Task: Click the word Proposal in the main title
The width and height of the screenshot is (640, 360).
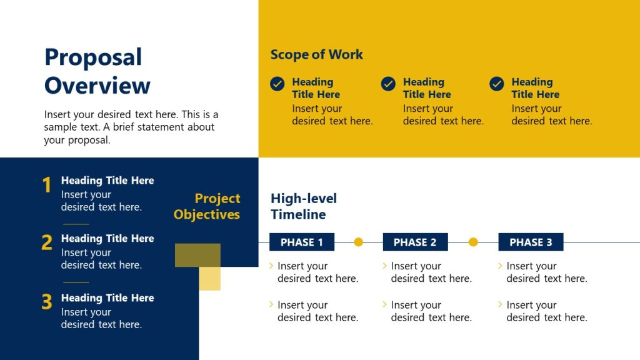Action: pos(93,57)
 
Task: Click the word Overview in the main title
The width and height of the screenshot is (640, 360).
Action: pos(97,86)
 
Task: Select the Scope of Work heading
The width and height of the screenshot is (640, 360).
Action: pos(316,54)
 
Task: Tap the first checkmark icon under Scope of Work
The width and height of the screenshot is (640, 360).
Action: pos(277,84)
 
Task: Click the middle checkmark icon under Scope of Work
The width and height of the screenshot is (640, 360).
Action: pos(388,84)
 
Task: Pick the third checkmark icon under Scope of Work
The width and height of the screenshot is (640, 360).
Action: pos(497,84)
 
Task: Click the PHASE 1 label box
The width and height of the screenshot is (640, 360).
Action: pos(302,242)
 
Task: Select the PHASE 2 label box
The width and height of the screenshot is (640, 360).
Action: pos(415,242)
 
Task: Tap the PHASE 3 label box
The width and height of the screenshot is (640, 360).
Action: pos(531,242)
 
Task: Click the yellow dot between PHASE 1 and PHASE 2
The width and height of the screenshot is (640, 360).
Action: pos(358,242)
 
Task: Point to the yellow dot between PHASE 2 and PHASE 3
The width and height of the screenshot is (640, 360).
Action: pos(473,242)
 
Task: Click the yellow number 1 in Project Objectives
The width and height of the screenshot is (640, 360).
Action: pos(46,186)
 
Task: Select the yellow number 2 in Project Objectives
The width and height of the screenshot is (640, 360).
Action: pos(46,243)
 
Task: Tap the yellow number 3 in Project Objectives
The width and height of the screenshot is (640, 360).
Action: pos(46,302)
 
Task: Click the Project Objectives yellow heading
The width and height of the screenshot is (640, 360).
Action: pos(207,206)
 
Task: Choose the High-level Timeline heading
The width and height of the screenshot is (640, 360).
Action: pos(304,206)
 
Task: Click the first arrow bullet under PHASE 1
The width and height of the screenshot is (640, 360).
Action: pos(271,266)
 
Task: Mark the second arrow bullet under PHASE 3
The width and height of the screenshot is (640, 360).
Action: pos(501,304)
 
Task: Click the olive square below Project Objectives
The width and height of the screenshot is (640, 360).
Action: pos(197,255)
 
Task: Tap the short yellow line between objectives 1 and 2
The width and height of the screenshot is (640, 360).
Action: pos(76,224)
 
